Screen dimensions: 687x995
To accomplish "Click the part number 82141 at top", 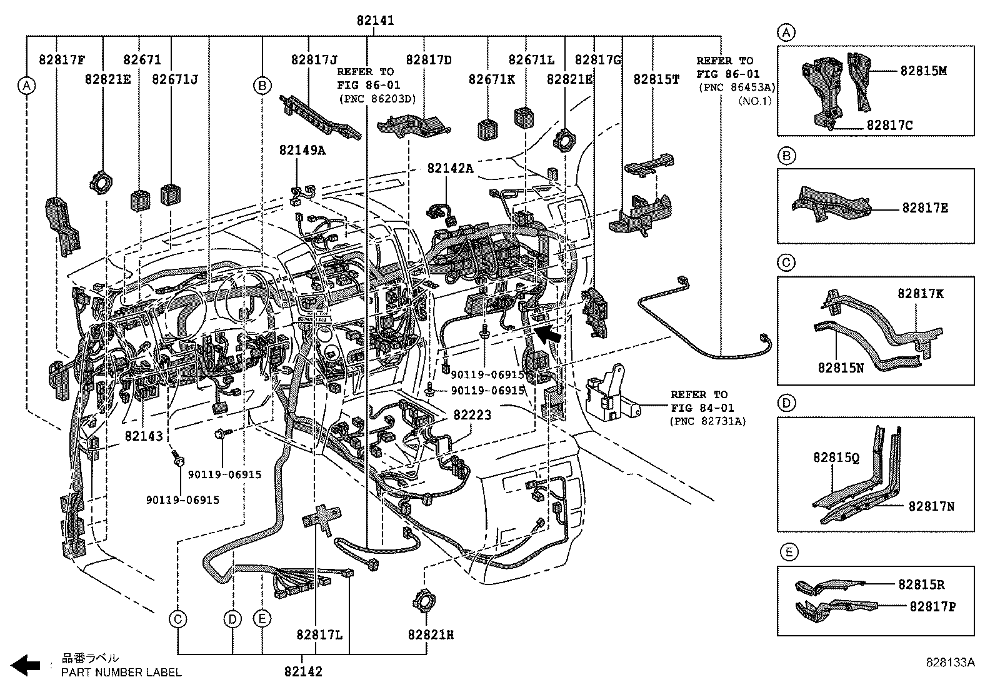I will coord(375,20).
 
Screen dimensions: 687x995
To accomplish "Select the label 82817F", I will coord(61,60).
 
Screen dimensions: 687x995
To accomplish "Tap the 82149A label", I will coord(302,150).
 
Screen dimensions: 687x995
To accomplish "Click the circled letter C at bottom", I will coord(178,619).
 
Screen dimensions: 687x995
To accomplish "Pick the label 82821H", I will coord(431,634).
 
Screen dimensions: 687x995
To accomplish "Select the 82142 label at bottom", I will coord(303,671).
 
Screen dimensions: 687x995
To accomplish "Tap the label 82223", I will coord(472,414).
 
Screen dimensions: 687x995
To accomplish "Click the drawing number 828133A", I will coord(950,662).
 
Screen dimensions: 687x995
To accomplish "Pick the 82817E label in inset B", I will coord(924,208).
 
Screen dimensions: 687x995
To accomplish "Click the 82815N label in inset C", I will coord(841,368).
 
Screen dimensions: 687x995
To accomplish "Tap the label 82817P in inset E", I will coord(932,606).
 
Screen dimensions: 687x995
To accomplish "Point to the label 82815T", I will coord(656,79).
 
